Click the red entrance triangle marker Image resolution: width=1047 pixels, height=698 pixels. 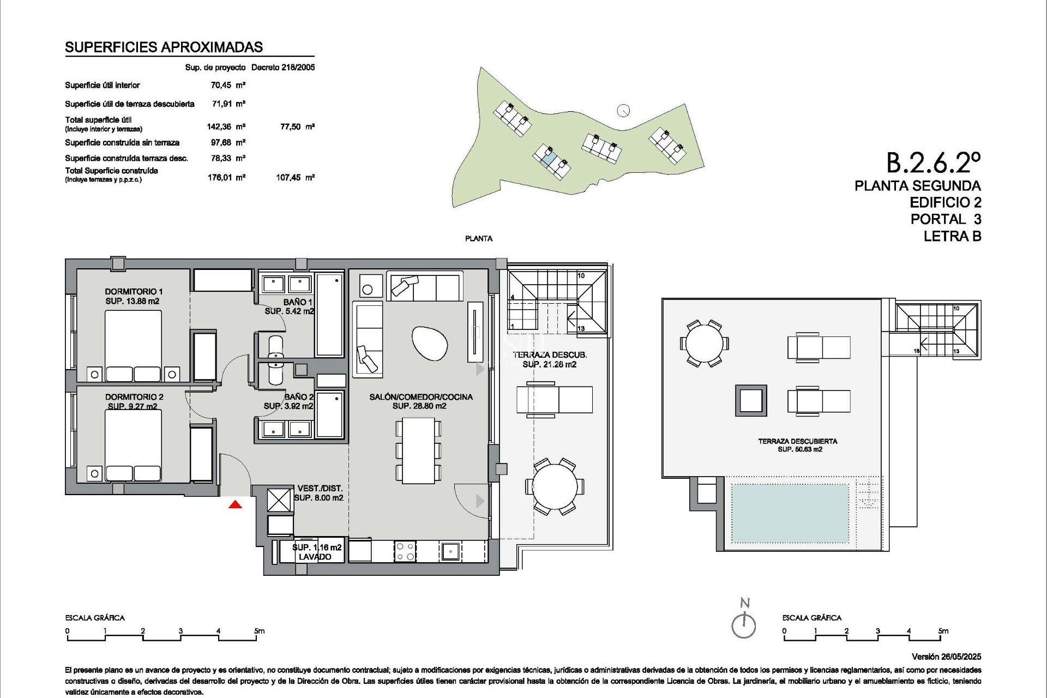click(235, 505)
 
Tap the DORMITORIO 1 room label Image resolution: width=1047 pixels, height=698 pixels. click(134, 292)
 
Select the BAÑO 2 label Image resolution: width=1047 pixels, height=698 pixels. click(299, 397)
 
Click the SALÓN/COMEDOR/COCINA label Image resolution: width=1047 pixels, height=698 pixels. click(421, 397)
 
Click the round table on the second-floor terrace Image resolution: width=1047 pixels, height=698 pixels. click(555, 485)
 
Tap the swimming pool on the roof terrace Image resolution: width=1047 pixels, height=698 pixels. click(789, 513)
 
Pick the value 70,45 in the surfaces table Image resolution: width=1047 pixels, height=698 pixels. click(221, 85)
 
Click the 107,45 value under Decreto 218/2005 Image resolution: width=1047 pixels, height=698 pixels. click(288, 177)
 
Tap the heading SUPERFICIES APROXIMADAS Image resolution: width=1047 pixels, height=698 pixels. click(164, 47)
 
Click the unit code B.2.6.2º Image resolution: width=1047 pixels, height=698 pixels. click(933, 163)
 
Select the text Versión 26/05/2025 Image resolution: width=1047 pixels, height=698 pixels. click(946, 657)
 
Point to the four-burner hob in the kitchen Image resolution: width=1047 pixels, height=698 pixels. click(405, 551)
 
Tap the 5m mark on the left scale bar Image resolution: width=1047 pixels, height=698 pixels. click(258, 631)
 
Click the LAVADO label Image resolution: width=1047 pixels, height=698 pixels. click(315, 557)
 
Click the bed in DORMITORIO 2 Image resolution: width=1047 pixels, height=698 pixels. click(133, 444)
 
